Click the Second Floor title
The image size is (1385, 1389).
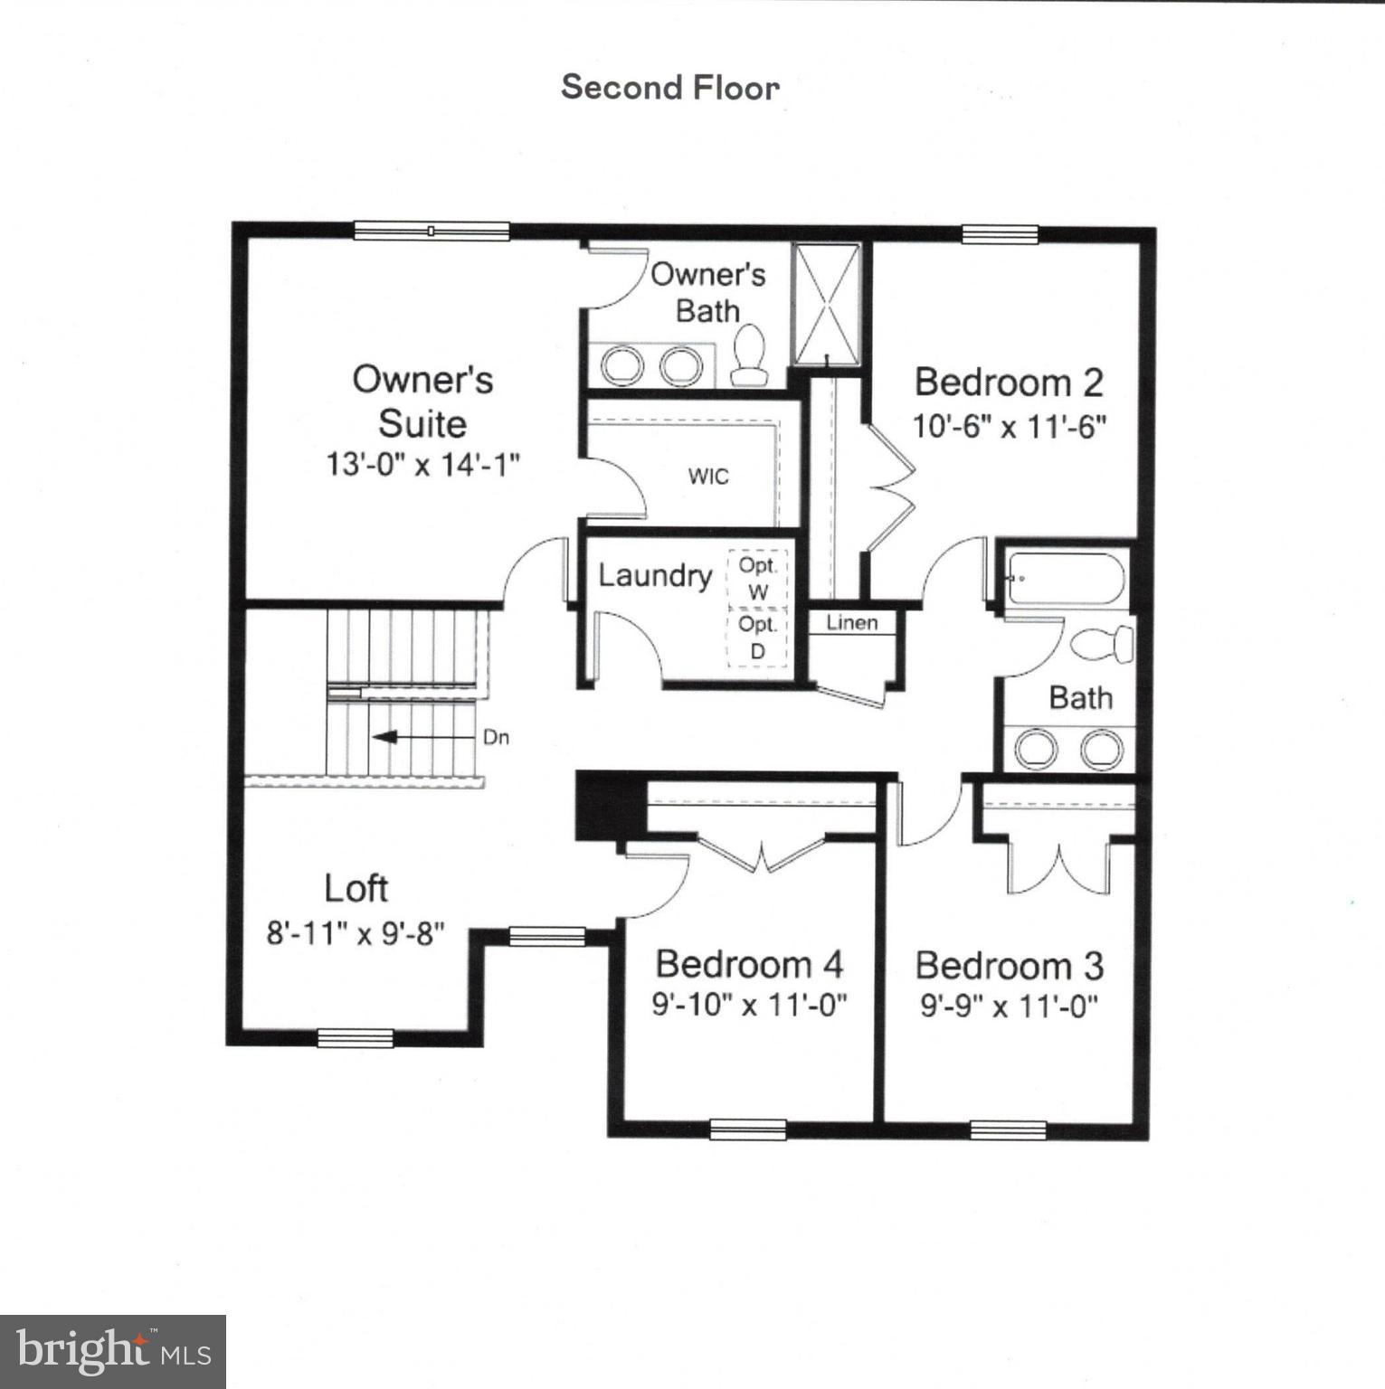tap(669, 88)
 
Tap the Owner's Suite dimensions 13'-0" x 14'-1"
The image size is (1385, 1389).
tap(422, 465)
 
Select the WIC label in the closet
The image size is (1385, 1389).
tap(707, 477)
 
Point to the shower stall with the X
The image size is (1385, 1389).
tap(826, 304)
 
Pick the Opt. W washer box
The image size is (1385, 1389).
tap(758, 579)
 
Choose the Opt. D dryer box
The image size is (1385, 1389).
tap(757, 638)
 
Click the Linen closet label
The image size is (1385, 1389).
tap(851, 623)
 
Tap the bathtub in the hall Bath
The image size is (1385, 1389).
tap(1067, 580)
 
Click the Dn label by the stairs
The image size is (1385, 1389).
tap(496, 737)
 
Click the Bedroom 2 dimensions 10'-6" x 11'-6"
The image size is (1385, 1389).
tap(1009, 426)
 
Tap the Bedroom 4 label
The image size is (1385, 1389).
tap(749, 964)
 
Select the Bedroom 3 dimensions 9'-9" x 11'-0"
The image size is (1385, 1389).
tap(1009, 1006)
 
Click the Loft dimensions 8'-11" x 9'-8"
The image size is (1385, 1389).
tap(355, 932)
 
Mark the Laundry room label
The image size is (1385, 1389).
tap(655, 576)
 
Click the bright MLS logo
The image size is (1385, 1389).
tap(112, 1352)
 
